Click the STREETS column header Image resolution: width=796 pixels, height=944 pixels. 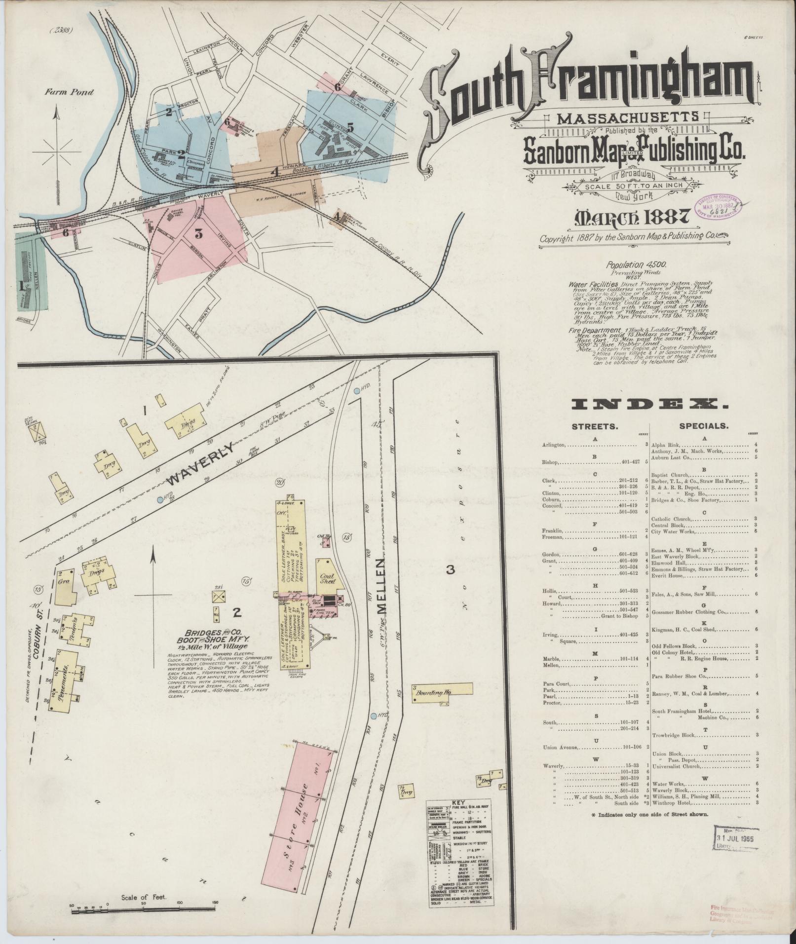[595, 426]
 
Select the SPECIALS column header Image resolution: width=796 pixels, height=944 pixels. [703, 426]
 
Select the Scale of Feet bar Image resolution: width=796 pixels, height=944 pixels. [143, 909]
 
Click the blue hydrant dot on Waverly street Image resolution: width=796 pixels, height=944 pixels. [160, 499]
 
